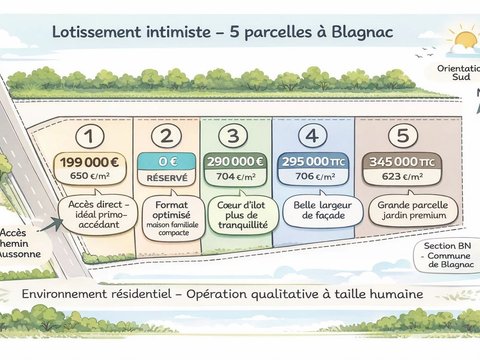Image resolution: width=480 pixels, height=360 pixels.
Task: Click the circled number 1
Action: tap(90, 136)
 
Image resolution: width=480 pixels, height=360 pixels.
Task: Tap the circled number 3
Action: tap(233, 136)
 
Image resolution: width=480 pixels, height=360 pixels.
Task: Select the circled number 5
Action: tap(403, 135)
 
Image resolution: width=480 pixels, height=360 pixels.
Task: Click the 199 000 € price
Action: tap(89, 162)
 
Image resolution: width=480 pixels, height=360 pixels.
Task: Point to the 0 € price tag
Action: tap(167, 162)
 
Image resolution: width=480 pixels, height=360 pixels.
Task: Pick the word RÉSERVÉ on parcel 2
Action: tap(167, 178)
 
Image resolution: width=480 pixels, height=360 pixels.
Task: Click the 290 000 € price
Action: tap(235, 162)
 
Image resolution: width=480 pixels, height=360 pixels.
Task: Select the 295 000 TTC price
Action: tap(313, 162)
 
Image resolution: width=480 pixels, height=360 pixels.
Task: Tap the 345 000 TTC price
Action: tap(402, 162)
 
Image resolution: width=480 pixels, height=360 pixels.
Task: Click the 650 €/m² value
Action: tap(89, 176)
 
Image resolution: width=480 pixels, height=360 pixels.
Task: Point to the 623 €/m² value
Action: tap(402, 176)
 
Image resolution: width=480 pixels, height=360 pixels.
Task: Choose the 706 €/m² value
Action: tap(314, 176)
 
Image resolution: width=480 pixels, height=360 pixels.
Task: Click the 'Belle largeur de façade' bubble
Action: tap(322, 211)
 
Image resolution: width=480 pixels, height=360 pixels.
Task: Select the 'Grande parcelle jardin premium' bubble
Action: tap(413, 211)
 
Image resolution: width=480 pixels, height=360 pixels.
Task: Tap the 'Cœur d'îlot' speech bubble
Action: tap(242, 214)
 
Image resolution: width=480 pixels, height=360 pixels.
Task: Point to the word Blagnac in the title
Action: tap(362, 32)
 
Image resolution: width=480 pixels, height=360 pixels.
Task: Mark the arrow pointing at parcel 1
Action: tap(51, 225)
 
